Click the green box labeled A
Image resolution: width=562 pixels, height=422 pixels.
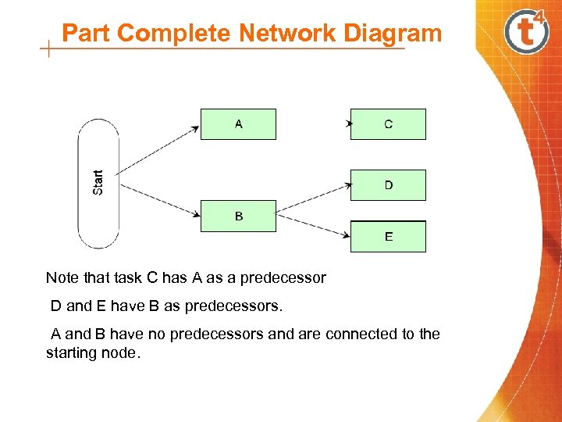coord(238,124)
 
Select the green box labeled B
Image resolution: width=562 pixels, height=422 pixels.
coord(238,216)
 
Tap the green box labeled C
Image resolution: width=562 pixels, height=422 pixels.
coord(388,124)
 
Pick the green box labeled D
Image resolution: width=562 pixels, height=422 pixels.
coord(388,185)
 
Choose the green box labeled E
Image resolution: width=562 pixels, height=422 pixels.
coord(388,236)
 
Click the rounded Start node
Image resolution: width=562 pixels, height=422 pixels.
coord(98,183)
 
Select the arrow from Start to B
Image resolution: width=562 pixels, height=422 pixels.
coord(160,200)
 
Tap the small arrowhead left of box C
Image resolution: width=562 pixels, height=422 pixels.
coord(349,123)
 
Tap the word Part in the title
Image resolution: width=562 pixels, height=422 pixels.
coord(86,34)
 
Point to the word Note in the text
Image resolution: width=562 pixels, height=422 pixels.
coord(62,277)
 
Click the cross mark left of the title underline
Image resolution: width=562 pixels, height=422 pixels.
coord(49,51)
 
